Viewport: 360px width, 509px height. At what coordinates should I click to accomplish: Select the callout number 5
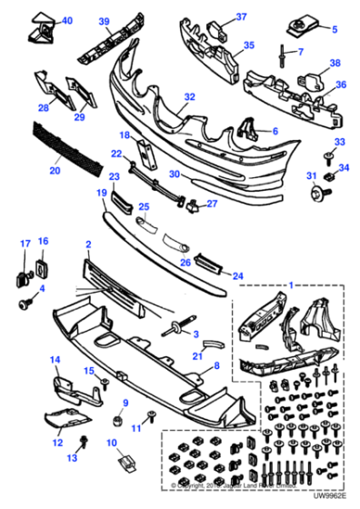coord(333,30)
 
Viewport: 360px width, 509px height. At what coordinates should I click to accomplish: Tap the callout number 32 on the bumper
coord(189,95)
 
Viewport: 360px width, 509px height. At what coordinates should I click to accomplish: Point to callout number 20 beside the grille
coord(55,168)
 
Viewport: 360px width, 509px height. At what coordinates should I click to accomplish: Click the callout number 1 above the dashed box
coord(290,286)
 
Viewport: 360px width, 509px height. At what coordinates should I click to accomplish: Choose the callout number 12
coord(56,443)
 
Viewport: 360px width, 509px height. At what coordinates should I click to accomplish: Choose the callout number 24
coord(239,274)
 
